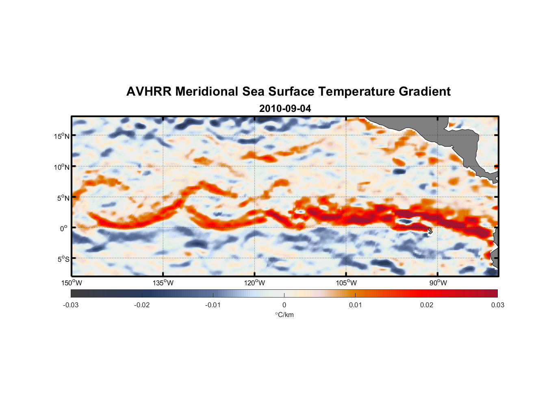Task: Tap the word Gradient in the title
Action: [425, 92]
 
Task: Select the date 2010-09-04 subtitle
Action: [285, 108]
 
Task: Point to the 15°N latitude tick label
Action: [62, 136]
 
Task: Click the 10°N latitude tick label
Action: [62, 167]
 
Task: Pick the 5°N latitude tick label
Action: [63, 198]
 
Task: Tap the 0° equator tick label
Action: [64, 228]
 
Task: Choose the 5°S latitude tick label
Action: [63, 259]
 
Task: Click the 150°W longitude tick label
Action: [72, 283]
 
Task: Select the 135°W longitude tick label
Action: [163, 283]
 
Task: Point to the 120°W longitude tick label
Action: [255, 283]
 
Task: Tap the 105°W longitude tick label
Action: [346, 283]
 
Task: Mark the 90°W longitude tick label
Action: [438, 283]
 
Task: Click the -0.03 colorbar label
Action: [71, 305]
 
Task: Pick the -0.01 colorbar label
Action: [213, 305]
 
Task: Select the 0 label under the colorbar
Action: [284, 305]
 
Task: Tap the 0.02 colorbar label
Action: [427, 305]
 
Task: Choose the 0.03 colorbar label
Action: [497, 305]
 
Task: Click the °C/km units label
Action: [284, 315]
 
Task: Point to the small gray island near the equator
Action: [430, 230]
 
